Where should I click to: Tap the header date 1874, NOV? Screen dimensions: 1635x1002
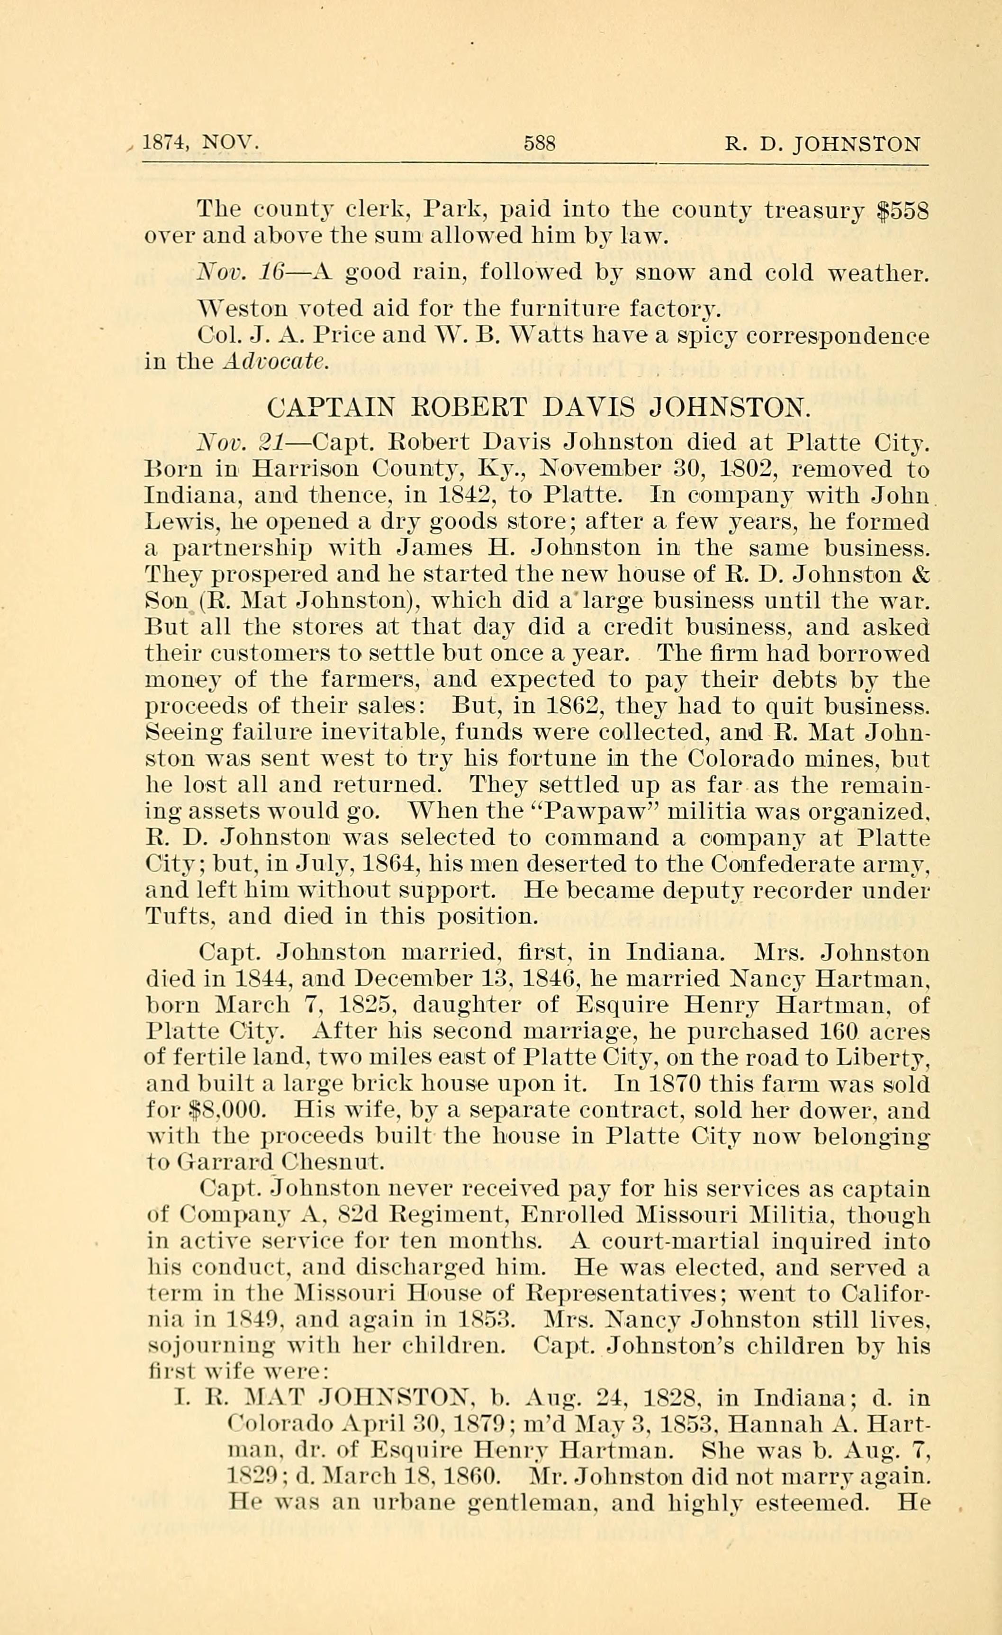point(200,144)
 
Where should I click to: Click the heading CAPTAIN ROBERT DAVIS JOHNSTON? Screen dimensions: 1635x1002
point(538,406)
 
